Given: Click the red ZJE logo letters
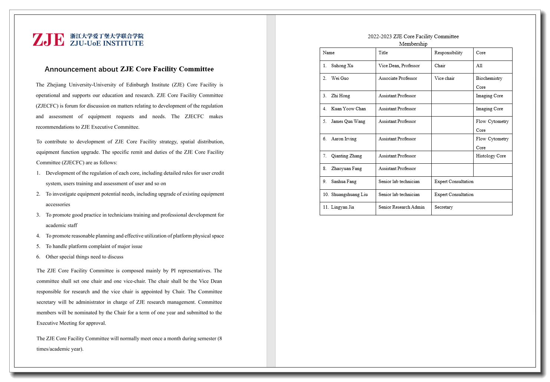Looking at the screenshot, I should click(x=48, y=40).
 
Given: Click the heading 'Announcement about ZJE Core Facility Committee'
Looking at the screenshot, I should click(x=129, y=69).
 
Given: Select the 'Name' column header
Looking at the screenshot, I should click(x=329, y=53).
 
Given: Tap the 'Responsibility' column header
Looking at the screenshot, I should click(x=448, y=53).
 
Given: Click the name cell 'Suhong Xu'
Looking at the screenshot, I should click(x=342, y=66).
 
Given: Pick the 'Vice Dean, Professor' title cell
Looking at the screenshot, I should click(x=399, y=66).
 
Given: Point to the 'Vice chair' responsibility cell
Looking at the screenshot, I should click(x=444, y=78).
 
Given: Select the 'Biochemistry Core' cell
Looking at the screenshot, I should click(x=489, y=82).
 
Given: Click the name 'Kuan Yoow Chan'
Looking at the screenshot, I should click(x=348, y=109).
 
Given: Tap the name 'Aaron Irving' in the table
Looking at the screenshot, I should click(x=344, y=139).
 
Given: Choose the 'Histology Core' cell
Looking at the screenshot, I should click(x=491, y=156).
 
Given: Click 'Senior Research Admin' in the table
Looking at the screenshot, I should click(x=401, y=207).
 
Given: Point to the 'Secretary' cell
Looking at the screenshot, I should click(x=444, y=207).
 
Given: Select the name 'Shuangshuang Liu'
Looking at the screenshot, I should click(x=349, y=195).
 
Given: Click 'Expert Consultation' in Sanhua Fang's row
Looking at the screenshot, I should click(x=454, y=182).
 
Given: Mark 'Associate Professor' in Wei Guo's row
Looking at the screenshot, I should click(x=398, y=78).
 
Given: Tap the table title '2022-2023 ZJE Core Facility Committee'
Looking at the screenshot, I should click(x=413, y=36).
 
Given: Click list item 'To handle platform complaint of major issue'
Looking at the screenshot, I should click(x=94, y=246).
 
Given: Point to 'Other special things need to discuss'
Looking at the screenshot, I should click(x=85, y=257).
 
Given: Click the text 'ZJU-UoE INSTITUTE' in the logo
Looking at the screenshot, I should click(x=107, y=43).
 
